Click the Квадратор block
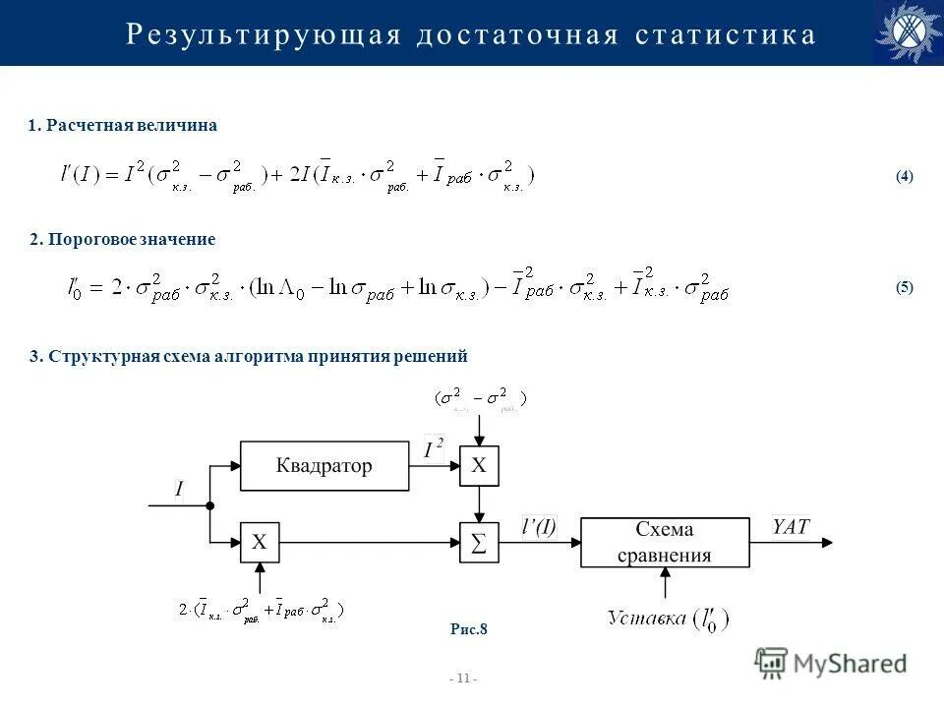(324, 466)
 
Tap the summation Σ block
(479, 543)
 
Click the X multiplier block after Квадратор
(479, 466)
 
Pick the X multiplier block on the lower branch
(260, 542)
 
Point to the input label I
(179, 489)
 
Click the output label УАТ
(791, 527)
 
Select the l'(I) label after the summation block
(538, 527)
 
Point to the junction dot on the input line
(210, 505)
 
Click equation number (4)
(904, 177)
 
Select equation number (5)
(904, 288)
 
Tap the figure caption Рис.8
(469, 629)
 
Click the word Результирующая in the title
(264, 35)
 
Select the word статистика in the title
(726, 35)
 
